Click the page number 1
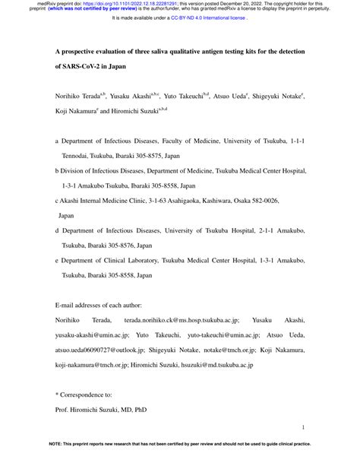[x=303, y=430]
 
